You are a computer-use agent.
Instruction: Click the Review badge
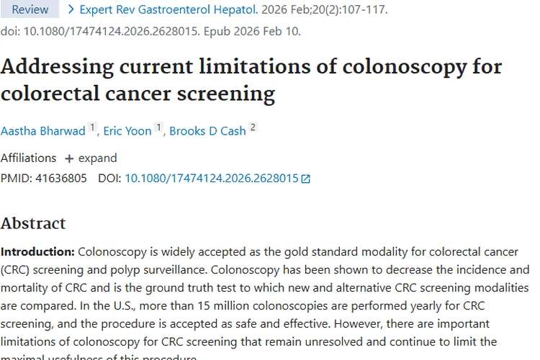(30, 9)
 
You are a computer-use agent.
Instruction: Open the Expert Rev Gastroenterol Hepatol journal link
(168, 10)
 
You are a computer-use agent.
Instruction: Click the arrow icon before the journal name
(71, 10)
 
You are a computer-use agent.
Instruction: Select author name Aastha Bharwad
(43, 131)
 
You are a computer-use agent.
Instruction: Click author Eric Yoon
(127, 131)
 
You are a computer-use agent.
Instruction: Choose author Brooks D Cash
(207, 131)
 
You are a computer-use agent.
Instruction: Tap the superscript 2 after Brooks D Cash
(253, 128)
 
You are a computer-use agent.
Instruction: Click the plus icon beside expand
(69, 158)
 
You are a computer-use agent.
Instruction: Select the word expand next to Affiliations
(98, 158)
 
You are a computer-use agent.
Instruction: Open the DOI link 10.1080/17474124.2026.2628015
(211, 178)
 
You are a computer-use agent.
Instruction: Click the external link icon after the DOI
(305, 179)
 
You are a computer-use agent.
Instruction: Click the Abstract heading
(33, 223)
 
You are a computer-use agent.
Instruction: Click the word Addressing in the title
(60, 67)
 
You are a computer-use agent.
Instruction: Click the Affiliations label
(28, 158)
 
